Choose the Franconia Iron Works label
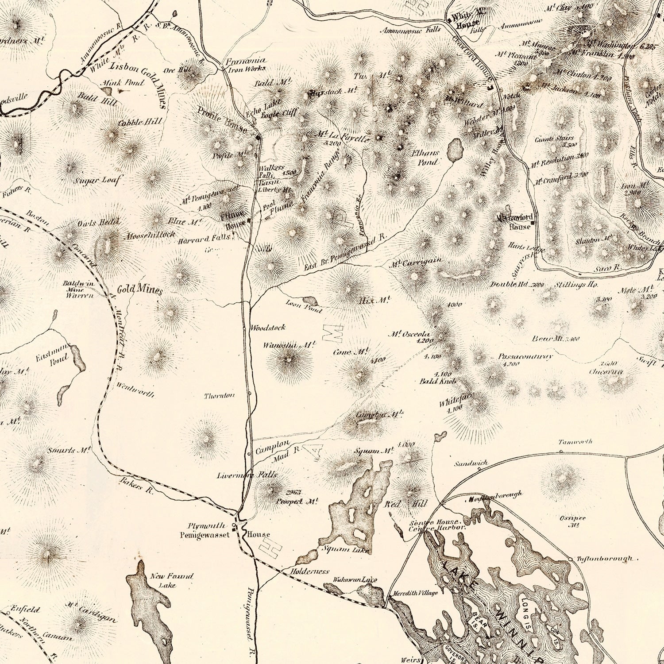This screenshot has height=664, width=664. [246, 64]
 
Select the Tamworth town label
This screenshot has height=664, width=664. [568, 442]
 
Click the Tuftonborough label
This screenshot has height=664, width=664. [605, 559]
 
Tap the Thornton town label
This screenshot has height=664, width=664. [219, 395]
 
